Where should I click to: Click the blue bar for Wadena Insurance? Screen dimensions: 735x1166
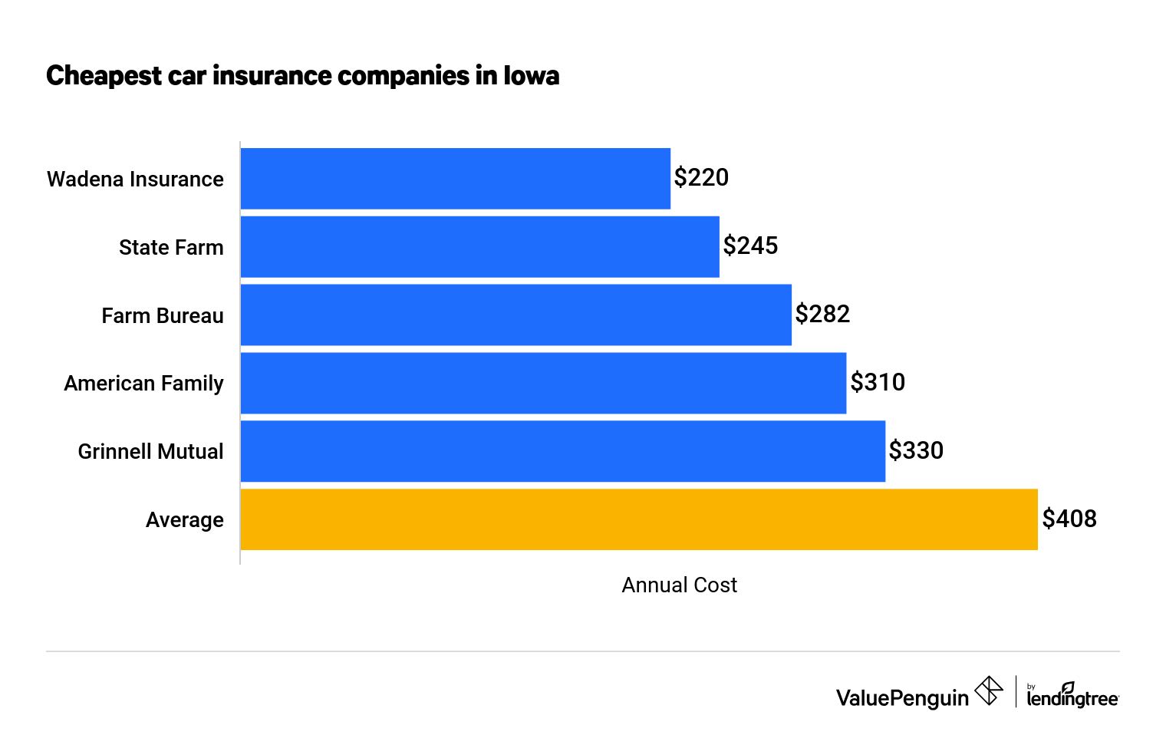click(456, 179)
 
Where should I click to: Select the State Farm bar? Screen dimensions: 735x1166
click(480, 247)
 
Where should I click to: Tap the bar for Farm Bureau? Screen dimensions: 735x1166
click(516, 315)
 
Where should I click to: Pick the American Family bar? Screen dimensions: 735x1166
click(543, 383)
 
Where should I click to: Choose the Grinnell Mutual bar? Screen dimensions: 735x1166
click(563, 451)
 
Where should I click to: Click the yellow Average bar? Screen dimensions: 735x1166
click(639, 519)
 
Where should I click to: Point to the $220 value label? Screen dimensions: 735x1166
click(701, 178)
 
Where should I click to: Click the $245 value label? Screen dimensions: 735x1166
click(750, 246)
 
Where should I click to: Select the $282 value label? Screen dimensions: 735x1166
click(822, 315)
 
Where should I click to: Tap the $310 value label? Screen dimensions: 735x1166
click(878, 382)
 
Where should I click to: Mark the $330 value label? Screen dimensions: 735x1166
click(916, 450)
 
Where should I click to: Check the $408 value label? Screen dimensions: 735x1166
click(1069, 519)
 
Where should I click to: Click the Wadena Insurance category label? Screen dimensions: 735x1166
click(135, 180)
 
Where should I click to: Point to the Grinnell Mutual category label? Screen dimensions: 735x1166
click(150, 452)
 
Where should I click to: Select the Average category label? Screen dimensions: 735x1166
click(185, 520)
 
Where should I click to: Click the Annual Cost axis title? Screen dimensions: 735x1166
click(679, 585)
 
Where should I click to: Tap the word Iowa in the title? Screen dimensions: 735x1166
click(531, 76)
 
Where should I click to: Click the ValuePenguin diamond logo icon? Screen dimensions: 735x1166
click(988, 691)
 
